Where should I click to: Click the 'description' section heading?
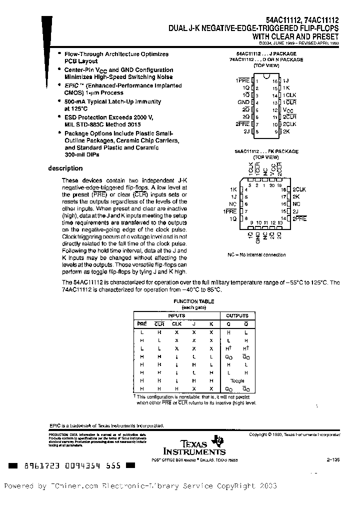(65, 168)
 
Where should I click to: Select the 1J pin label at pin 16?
(285, 80)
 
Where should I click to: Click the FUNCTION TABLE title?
(193, 301)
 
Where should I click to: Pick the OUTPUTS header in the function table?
(237, 316)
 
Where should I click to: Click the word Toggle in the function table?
(237, 381)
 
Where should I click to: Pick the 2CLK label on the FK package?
(299, 189)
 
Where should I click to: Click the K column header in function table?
(211, 324)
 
